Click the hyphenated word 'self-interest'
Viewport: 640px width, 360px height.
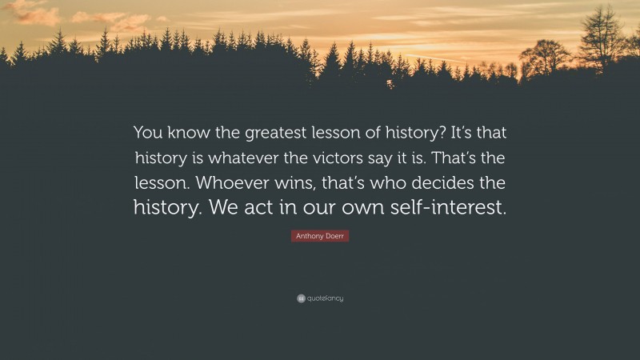[x=444, y=208]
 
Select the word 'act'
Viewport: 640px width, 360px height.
[x=270, y=208]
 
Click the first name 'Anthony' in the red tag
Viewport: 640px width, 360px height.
[x=308, y=236]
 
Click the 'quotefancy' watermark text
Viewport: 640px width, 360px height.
[x=325, y=298]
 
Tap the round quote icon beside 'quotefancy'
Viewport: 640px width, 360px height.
[x=300, y=298]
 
